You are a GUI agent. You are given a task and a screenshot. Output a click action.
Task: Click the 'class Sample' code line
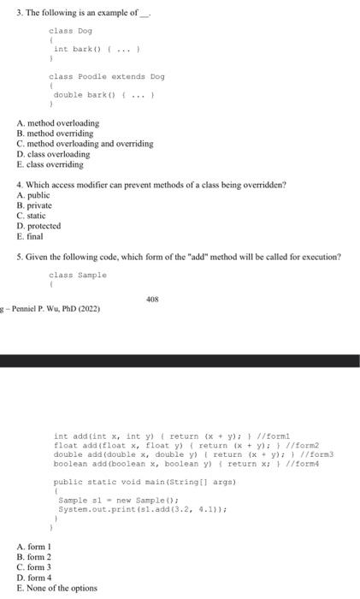tap(78, 275)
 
